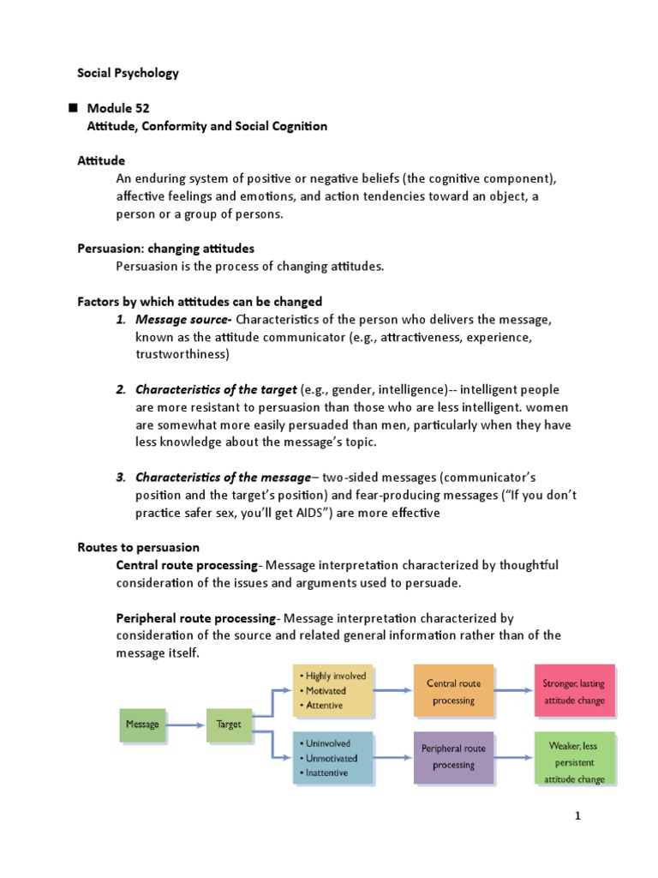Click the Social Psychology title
tap(129, 73)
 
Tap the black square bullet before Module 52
tap(72, 108)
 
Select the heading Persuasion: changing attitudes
tap(165, 249)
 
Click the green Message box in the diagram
tap(142, 725)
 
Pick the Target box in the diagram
tap(228, 725)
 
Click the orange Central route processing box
tap(453, 691)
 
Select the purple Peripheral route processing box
tap(453, 756)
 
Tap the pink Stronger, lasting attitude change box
tap(574, 691)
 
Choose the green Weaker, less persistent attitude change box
tap(574, 757)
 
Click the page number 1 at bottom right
tap(577, 815)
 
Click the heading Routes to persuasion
tap(138, 547)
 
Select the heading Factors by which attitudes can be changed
tap(200, 301)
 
